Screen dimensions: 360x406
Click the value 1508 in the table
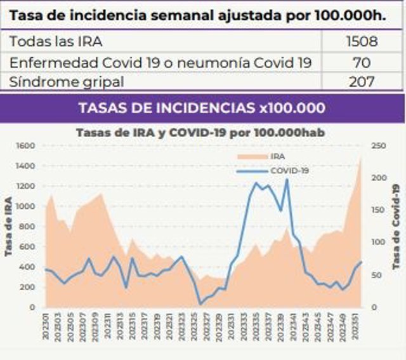click(x=362, y=42)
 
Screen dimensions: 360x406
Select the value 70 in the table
click(x=362, y=62)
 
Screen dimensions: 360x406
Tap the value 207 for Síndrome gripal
click(x=362, y=81)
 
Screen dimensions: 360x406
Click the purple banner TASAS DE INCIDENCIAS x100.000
click(x=202, y=108)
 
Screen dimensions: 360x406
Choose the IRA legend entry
click(x=277, y=156)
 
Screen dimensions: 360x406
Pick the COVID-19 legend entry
click(x=289, y=171)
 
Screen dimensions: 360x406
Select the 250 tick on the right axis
click(x=378, y=145)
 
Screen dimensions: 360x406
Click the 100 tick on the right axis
click(x=378, y=243)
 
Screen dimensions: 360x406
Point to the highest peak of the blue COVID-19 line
click(x=287, y=179)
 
